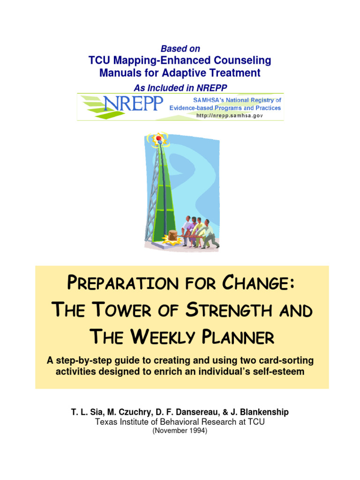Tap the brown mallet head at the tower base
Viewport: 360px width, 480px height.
(x=173, y=235)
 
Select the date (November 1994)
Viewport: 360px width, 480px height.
(x=180, y=431)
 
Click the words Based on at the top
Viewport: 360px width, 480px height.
(x=180, y=49)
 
